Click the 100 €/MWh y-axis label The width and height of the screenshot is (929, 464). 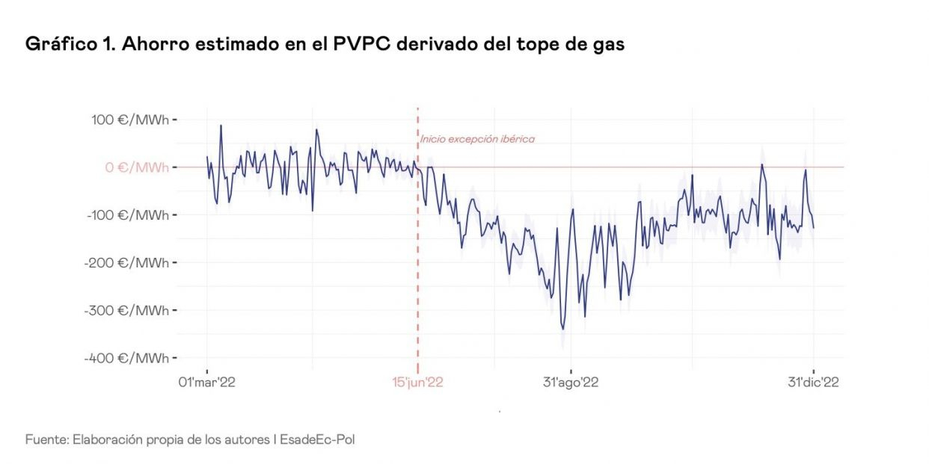tap(137, 120)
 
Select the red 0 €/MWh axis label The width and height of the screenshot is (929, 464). tap(137, 167)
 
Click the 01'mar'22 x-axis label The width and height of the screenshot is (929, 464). tap(206, 383)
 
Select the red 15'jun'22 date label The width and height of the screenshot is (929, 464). tap(418, 383)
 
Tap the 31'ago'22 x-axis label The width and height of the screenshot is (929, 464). tap(571, 383)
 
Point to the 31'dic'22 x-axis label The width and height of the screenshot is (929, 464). tap(813, 383)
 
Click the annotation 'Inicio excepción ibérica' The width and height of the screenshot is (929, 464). tap(477, 139)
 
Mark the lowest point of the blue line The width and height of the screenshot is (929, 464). tap(563, 329)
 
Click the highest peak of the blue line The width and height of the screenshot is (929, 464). tap(221, 126)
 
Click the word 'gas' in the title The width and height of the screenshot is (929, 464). tap(608, 45)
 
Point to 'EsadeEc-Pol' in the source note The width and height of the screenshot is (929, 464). tap(317, 439)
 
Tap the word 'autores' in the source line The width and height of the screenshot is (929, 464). tap(248, 439)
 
